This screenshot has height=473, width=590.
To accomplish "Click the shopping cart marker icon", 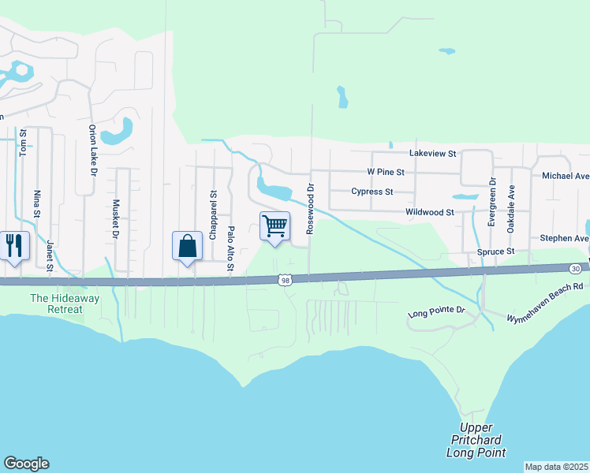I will click(274, 226).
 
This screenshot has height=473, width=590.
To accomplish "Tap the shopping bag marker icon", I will click(187, 246).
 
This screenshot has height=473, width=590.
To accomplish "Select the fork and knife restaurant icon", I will click(14, 246).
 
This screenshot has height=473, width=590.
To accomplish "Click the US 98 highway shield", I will click(286, 280).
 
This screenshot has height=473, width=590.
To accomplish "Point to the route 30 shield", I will click(577, 269).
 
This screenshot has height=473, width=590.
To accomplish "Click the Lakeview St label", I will click(432, 154).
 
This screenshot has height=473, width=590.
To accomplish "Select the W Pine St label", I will click(386, 171).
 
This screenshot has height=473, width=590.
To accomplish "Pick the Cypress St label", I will click(372, 192).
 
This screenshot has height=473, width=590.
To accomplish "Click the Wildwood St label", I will click(429, 212).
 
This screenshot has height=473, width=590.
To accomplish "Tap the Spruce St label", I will click(495, 251).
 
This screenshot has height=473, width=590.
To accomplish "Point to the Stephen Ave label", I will click(564, 238).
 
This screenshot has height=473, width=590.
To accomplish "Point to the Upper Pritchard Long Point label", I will click(476, 440).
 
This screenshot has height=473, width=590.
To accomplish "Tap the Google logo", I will click(26, 464).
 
